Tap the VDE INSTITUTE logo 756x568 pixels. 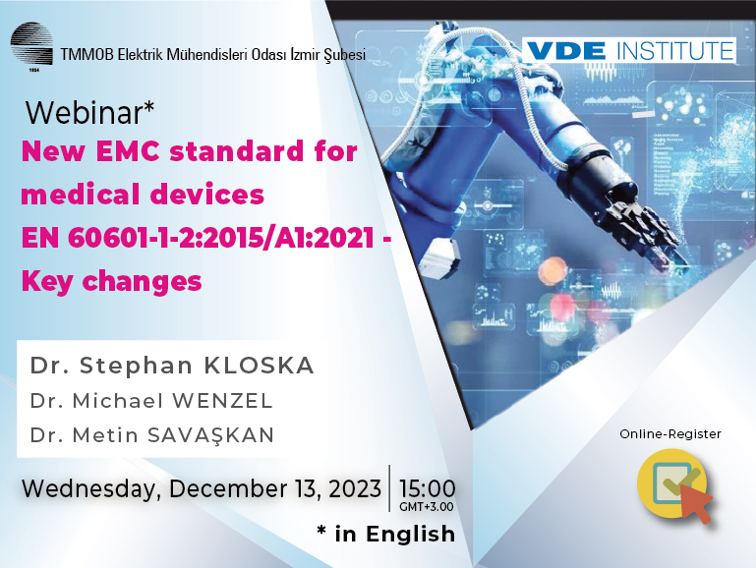pos(630,50)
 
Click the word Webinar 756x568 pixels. pos(85,113)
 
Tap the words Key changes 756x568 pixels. pos(111,281)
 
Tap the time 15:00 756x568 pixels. pos(426,487)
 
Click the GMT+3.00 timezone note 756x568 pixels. pos(426,507)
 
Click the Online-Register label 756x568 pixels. pos(669,433)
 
